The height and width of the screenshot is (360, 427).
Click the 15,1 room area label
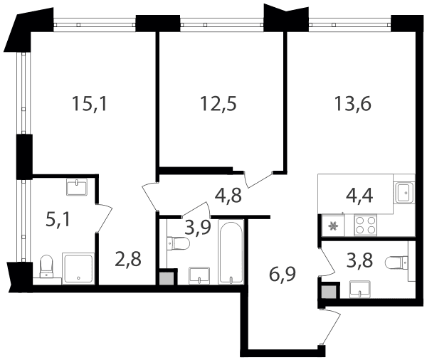tap(90, 104)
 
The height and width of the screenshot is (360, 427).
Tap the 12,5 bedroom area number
tap(218, 104)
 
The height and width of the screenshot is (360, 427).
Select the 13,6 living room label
tap(353, 104)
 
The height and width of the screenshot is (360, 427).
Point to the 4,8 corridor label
tap(228, 195)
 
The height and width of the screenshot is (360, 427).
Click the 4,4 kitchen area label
tap(359, 195)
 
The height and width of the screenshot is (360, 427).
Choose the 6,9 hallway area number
tap(283, 275)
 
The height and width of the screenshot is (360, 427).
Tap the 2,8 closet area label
tap(128, 259)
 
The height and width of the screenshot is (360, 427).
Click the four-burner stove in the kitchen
tap(365, 226)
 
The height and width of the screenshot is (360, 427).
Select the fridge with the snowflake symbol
tap(333, 226)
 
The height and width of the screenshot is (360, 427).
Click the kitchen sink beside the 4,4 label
tap(405, 193)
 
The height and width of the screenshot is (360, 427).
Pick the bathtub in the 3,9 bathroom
tap(231, 252)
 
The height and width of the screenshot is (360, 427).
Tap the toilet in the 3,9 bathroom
tap(177, 243)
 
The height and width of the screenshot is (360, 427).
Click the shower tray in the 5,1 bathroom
tap(78, 268)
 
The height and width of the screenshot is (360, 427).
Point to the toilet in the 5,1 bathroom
tap(46, 266)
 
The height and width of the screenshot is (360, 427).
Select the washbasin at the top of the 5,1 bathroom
tap(77, 186)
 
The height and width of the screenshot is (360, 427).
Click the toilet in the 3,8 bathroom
tap(397, 262)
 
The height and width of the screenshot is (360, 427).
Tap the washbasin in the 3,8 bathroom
tap(359, 290)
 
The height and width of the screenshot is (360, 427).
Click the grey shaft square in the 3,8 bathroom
tap(329, 292)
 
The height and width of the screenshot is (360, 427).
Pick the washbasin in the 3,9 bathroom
tap(199, 275)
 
